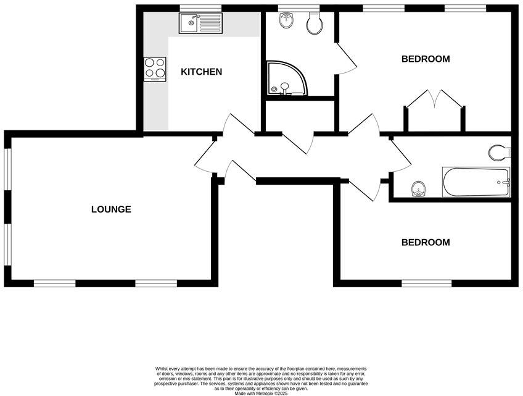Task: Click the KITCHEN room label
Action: [201, 72]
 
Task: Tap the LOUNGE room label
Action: [111, 209]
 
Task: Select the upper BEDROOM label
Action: [426, 59]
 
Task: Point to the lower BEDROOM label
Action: [426, 243]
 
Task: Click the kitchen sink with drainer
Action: [200, 24]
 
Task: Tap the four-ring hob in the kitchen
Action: [155, 69]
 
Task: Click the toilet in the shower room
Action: [315, 24]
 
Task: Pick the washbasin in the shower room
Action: [286, 22]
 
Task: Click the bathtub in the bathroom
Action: [476, 182]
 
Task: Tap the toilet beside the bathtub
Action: [498, 151]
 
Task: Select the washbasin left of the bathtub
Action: [419, 188]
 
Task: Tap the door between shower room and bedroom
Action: [345, 59]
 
